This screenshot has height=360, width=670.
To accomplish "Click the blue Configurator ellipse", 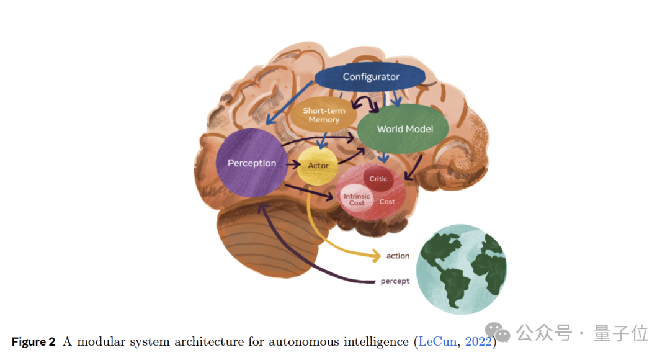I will coord(370,77).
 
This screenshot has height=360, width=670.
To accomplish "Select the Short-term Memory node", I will coord(324,115).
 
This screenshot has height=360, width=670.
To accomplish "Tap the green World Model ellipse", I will coord(404,129).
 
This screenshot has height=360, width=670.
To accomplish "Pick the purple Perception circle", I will coord(251,163).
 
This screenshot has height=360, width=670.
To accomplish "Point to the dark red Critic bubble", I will coord(378,179).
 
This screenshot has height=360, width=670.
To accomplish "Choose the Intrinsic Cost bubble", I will coord(356,199).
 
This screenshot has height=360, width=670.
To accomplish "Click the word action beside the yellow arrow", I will coord(398,256).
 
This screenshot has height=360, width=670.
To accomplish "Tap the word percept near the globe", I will coord(395,281).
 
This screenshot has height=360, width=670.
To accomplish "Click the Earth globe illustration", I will coord(462,269).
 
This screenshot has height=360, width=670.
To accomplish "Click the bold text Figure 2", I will coord(33,342).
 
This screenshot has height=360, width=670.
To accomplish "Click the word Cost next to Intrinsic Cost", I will coord(387,202).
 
